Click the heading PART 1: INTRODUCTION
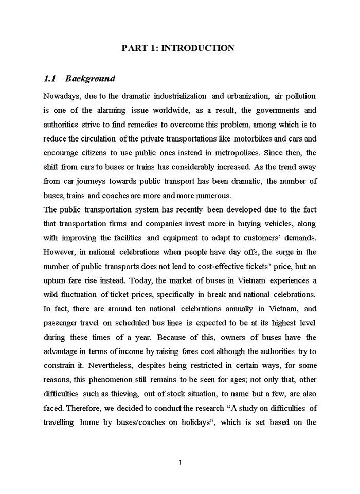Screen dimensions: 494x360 [178, 48]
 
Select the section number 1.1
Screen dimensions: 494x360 [49, 79]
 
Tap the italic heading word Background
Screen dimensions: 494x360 [91, 79]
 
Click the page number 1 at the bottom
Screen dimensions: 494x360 [179, 462]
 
